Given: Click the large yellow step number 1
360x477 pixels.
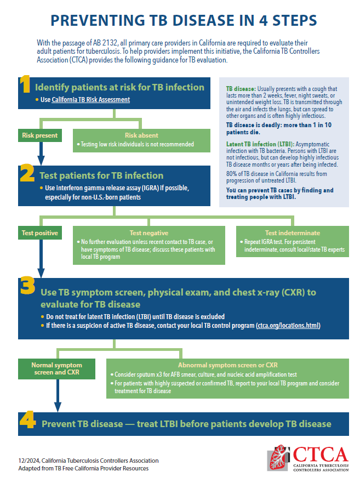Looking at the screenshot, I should (x=25, y=86).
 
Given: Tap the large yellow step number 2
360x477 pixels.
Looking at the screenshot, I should (x=27, y=174).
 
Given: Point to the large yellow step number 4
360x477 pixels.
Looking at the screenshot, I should (x=28, y=422).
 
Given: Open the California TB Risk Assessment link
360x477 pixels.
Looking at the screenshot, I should (x=90, y=100).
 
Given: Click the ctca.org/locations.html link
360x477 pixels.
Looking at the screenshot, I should (x=288, y=326).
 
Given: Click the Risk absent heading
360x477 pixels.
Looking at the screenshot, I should (x=141, y=135).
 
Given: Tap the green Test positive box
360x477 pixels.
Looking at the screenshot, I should (x=39, y=232).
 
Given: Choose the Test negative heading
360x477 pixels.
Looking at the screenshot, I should (x=148, y=232).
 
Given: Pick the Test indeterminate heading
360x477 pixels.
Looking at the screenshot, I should (x=293, y=232).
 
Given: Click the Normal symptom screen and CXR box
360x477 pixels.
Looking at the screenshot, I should (x=56, y=368).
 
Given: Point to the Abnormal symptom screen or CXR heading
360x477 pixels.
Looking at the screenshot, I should (x=227, y=365).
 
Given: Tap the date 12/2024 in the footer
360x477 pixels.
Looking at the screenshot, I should (x=28, y=461).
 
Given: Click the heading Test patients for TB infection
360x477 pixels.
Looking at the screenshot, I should (x=101, y=176).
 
